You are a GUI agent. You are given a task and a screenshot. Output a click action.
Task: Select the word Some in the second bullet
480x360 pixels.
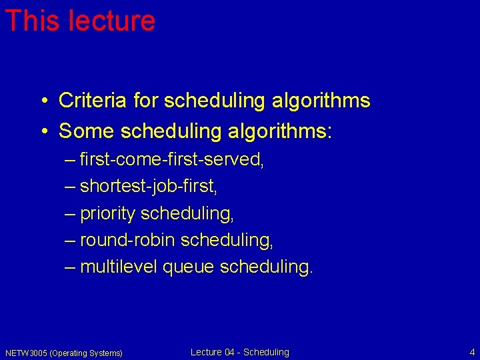[x=87, y=131]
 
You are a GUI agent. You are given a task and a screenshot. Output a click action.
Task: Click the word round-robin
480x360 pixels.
[x=127, y=240]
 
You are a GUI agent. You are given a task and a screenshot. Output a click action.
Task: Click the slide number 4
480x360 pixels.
[x=472, y=352]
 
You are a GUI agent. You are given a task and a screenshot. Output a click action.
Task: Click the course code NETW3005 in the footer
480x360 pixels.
[x=26, y=353]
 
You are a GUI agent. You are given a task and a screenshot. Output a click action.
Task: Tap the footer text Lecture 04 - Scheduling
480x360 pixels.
[x=240, y=352]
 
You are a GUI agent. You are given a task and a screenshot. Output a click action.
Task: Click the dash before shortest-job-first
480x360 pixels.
[x=70, y=187]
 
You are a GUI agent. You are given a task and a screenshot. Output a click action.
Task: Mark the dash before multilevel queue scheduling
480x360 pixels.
[x=70, y=267]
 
